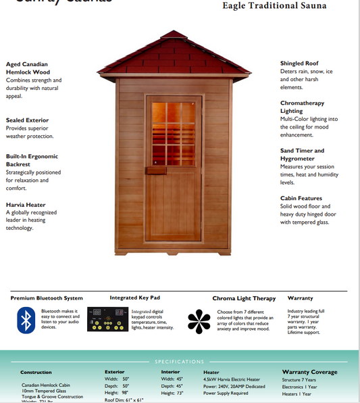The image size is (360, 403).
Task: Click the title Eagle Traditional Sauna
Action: [x=274, y=6]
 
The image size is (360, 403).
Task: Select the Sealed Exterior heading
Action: [x=28, y=120]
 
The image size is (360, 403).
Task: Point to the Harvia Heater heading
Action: [x=26, y=204]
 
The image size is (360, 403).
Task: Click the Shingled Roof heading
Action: [x=299, y=64]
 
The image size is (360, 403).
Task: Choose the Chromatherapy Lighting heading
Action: [x=302, y=107]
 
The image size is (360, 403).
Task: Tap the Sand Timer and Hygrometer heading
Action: [x=302, y=155]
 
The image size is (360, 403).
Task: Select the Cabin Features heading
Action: [x=301, y=198]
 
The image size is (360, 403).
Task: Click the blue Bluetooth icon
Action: [x=26, y=320]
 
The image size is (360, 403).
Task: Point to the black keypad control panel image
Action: [x=107, y=320]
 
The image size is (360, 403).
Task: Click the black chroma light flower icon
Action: [x=199, y=321]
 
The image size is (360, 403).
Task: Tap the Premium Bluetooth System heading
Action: [x=47, y=298]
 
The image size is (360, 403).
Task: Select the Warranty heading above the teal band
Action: [x=300, y=298]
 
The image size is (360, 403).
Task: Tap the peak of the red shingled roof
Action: [x=174, y=33]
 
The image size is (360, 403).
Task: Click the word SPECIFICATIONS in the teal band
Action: [x=179, y=362]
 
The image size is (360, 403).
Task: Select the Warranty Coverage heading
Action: [x=309, y=372]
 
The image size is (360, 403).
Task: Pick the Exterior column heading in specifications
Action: [x=115, y=372]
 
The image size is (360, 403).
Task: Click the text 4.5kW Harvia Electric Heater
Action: [x=232, y=379]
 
